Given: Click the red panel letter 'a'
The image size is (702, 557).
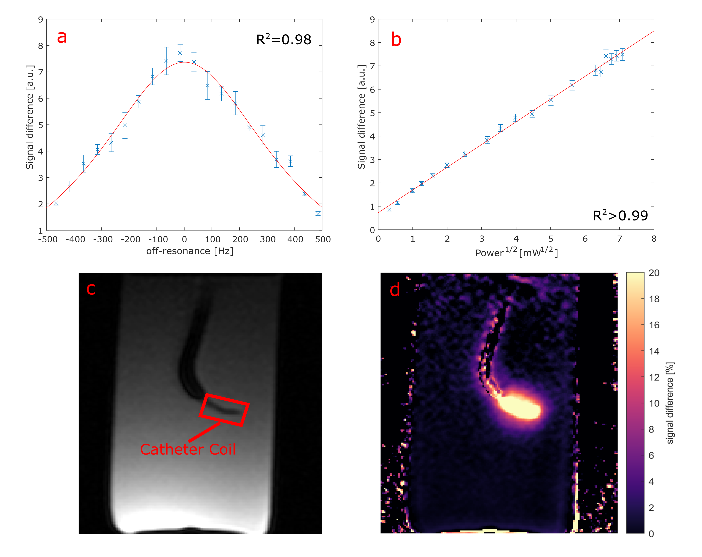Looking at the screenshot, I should [x=62, y=37].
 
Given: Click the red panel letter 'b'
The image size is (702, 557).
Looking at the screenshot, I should [x=396, y=40].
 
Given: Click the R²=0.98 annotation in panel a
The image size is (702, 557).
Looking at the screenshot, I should [x=284, y=40].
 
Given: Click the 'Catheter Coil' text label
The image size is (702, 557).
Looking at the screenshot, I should [x=188, y=449].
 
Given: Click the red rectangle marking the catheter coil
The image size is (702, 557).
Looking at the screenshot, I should [x=224, y=410].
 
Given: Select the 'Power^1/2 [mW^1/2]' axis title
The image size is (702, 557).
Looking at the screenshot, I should [x=516, y=252].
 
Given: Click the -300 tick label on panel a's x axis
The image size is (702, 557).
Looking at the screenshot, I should [x=103, y=240].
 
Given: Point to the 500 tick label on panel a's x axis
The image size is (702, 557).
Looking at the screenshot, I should [x=323, y=240].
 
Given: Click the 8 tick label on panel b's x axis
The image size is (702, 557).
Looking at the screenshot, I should [x=654, y=239].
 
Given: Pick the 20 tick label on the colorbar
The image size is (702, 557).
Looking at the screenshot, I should [x=654, y=273].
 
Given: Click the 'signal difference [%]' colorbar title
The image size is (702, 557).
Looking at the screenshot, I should [x=670, y=403].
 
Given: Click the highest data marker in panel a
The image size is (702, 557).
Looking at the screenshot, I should [x=180, y=53].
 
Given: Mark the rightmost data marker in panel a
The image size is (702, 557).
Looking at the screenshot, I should [x=318, y=214].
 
